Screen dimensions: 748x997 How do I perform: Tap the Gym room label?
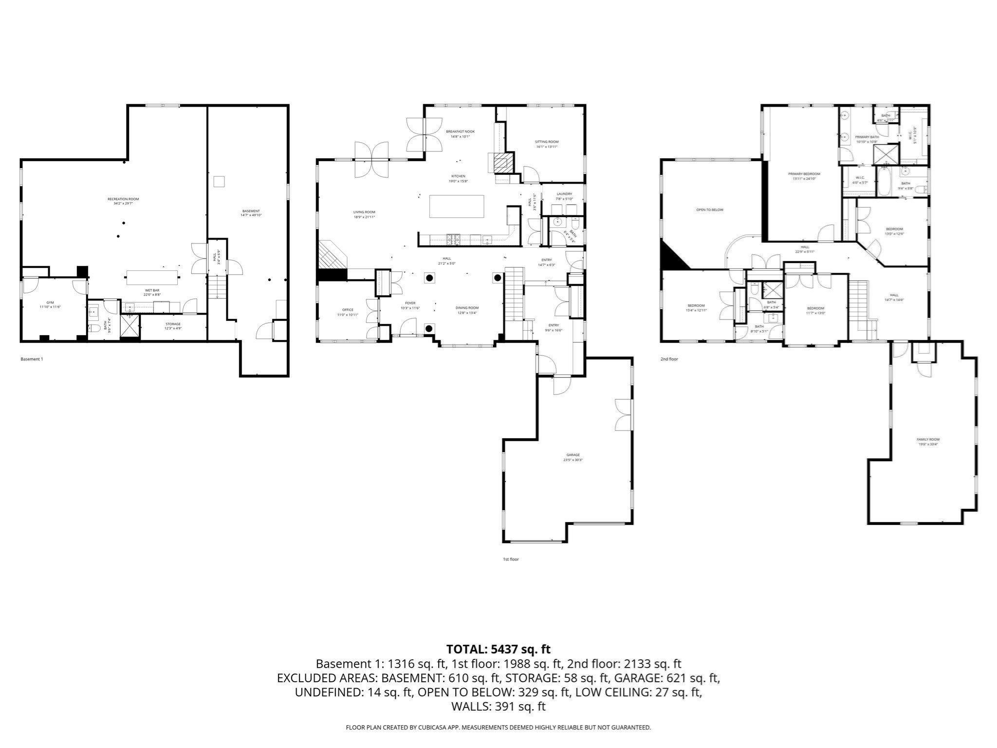pyautogui.click(x=50, y=303)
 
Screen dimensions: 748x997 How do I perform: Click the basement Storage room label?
pyautogui.click(x=173, y=324)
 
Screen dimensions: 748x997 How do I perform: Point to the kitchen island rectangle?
pyautogui.click(x=457, y=206)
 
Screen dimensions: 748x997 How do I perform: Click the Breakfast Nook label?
pyautogui.click(x=460, y=131)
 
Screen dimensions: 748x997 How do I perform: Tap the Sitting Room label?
pyautogui.click(x=547, y=142)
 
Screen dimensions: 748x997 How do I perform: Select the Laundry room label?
pyautogui.click(x=564, y=194)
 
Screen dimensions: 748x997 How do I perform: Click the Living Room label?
pyautogui.click(x=364, y=212)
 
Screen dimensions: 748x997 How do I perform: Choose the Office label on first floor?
pyautogui.click(x=348, y=310)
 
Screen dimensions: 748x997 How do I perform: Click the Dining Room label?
pyautogui.click(x=467, y=308)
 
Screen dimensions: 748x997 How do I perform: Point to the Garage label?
pyautogui.click(x=573, y=455)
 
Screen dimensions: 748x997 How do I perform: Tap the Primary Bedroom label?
pyautogui.click(x=804, y=174)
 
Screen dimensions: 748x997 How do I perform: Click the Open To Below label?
pyautogui.click(x=710, y=210)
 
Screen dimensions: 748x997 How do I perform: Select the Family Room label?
pyautogui.click(x=928, y=439)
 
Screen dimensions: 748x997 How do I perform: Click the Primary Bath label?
pyautogui.click(x=867, y=137)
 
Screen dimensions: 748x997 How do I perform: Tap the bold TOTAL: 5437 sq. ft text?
pyautogui.click(x=498, y=649)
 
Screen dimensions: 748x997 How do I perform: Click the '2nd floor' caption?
pyautogui.click(x=669, y=359)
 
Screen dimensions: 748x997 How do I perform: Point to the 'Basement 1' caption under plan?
pyautogui.click(x=32, y=359)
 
